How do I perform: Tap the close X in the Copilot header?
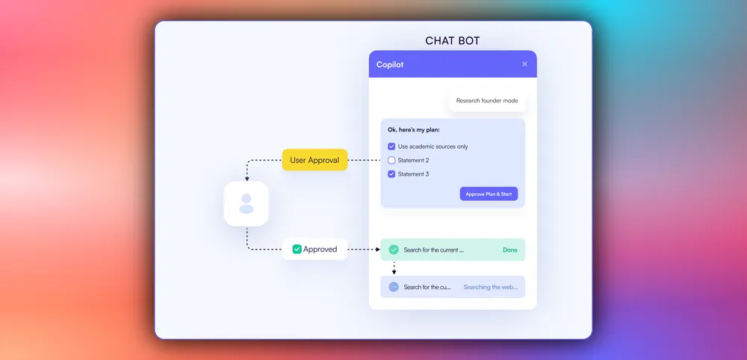[524, 64]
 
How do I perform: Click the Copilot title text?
[390, 65]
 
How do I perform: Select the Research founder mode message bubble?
[487, 101]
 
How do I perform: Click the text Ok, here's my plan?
[414, 131]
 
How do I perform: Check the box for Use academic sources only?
[391, 146]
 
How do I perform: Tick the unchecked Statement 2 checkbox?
[391, 161]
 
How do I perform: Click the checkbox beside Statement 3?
[391, 174]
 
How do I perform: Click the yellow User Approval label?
[314, 160]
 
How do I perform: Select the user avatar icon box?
[247, 204]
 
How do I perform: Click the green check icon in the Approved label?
[297, 249]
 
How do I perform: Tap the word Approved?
[320, 249]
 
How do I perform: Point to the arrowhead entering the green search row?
[376, 249]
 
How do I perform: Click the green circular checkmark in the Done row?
[394, 249]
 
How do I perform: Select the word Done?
[510, 249]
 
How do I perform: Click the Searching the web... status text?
[490, 287]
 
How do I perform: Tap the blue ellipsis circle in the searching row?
[394, 287]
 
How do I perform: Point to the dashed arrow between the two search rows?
[394, 268]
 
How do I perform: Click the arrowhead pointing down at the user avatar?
[247, 179]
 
